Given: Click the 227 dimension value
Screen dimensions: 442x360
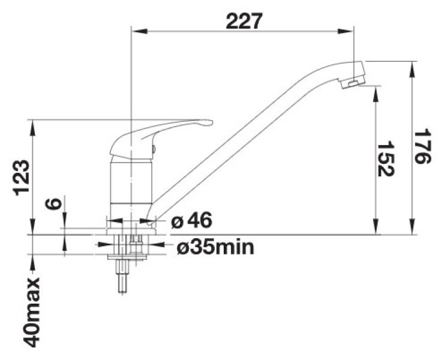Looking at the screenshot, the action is click(x=244, y=21).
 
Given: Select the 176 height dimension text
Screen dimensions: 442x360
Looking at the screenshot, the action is click(x=422, y=146).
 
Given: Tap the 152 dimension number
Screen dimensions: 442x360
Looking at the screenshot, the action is click(x=385, y=159).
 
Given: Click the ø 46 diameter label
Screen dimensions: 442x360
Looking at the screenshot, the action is click(x=192, y=221).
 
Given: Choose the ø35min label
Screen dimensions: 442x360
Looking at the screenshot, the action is click(x=215, y=247).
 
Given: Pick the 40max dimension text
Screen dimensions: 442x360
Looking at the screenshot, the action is click(x=32, y=313).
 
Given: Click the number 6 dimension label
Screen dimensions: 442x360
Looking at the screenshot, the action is click(x=53, y=203).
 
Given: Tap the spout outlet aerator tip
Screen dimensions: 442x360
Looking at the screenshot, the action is click(x=353, y=83).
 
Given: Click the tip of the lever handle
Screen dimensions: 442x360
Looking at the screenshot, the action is click(x=210, y=122).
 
